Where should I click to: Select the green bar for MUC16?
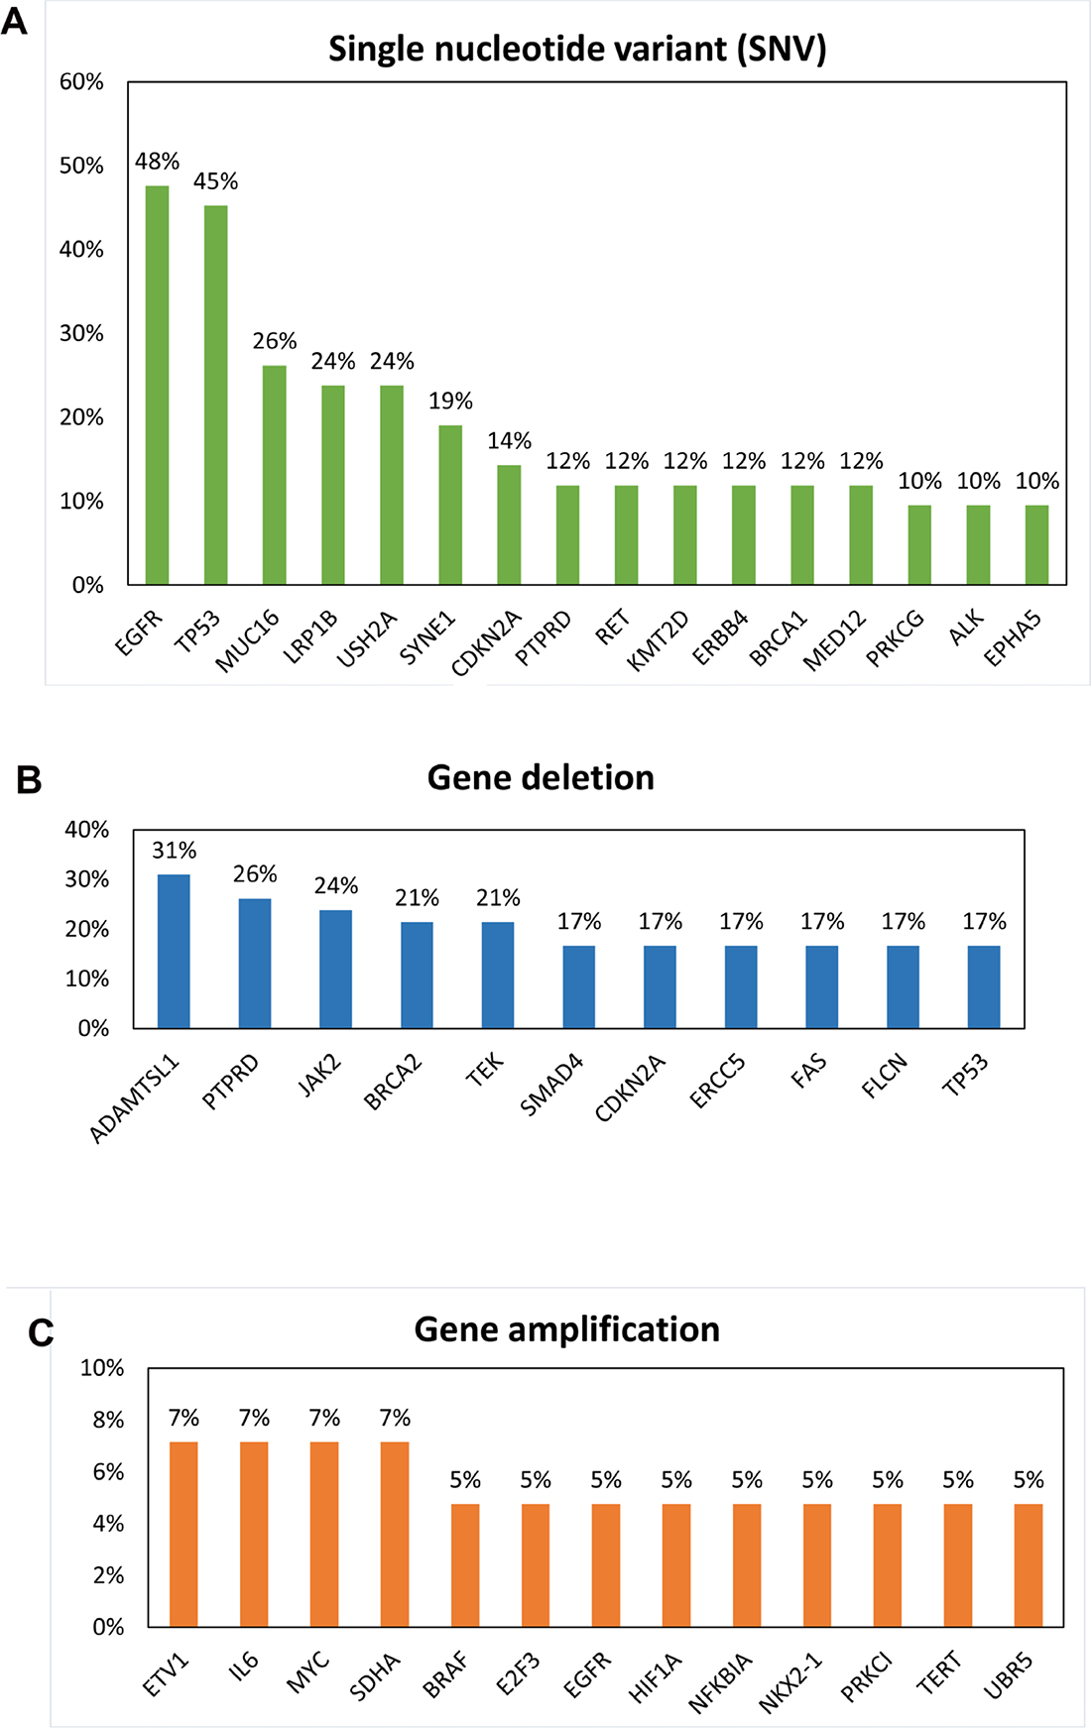(274, 475)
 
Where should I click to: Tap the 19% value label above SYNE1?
(450, 402)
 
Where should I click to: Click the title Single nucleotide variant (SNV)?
(577, 49)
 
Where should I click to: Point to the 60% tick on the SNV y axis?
(81, 82)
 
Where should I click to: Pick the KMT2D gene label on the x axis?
(659, 641)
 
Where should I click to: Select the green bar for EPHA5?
(1036, 544)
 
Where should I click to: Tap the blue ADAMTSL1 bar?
(174, 951)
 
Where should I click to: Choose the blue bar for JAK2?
(335, 969)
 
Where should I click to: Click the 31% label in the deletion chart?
(174, 851)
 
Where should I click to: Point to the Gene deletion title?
(541, 778)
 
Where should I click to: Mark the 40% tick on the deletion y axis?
(87, 830)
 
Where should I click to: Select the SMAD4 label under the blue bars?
(552, 1086)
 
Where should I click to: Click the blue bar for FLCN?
(903, 986)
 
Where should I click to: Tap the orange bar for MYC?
(324, 1534)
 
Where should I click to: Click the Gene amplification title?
(566, 1329)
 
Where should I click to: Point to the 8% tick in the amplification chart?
(108, 1420)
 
